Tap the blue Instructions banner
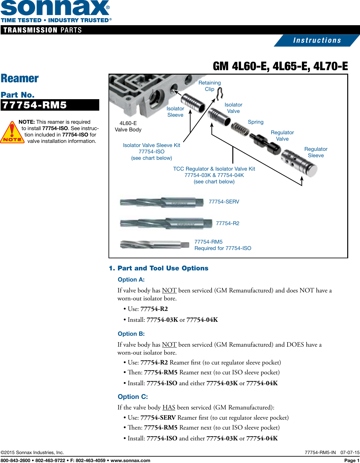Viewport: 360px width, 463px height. [x=317, y=40]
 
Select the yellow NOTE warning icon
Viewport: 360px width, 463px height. [x=12, y=132]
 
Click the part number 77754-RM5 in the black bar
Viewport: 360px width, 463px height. [x=34, y=105]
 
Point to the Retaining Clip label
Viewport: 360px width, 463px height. [x=209, y=86]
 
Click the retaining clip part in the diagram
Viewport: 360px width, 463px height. [x=219, y=93]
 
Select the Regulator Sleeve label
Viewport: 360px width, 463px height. [x=316, y=152]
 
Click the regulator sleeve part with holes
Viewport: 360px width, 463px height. [x=298, y=162]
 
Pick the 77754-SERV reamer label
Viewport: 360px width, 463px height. [x=224, y=202]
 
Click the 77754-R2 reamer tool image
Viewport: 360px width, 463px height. [x=166, y=224]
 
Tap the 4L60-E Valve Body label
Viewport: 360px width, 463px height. [x=128, y=126]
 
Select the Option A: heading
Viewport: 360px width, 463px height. [x=131, y=280]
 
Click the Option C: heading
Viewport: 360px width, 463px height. [x=133, y=397]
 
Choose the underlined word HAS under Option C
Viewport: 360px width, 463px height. [x=169, y=408]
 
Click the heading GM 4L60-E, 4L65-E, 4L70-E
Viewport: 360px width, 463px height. [x=280, y=66]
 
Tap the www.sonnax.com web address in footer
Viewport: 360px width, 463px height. [x=130, y=460]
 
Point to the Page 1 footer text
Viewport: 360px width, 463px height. [x=352, y=460]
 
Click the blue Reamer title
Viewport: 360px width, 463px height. [x=20, y=78]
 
